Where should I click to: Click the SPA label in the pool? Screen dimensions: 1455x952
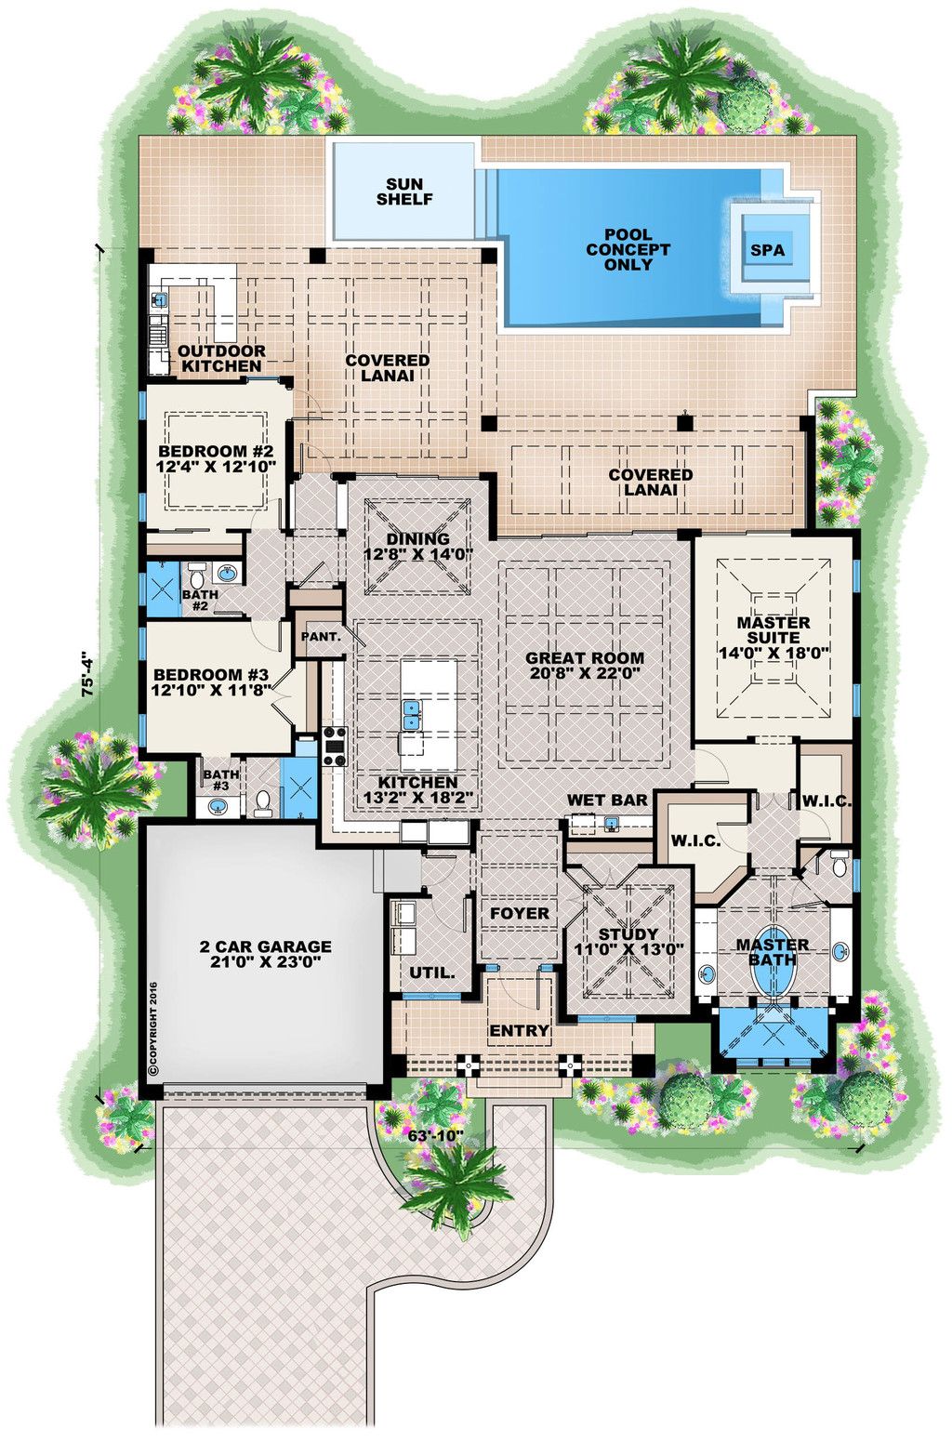pyautogui.click(x=767, y=250)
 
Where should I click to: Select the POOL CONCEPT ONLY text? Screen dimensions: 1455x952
pyautogui.click(x=628, y=249)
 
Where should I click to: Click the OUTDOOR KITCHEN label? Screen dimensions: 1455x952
pyautogui.click(x=221, y=358)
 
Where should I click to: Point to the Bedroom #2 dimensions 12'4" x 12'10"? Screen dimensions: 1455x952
pyautogui.click(x=217, y=467)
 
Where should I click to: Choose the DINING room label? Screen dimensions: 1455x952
pyautogui.click(x=417, y=538)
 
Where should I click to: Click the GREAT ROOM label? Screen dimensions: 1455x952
pyautogui.click(x=584, y=657)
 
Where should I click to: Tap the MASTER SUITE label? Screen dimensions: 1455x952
pyautogui.click(x=773, y=629)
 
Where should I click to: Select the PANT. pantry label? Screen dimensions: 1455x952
pyautogui.click(x=319, y=638)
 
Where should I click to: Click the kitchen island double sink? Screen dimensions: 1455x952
pyautogui.click(x=411, y=714)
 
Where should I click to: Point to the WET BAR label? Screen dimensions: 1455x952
pyautogui.click(x=607, y=800)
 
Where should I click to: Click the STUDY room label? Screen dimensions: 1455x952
pyautogui.click(x=628, y=933)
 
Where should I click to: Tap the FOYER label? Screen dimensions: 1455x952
pyautogui.click(x=519, y=913)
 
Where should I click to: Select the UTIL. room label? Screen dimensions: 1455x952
pyautogui.click(x=432, y=972)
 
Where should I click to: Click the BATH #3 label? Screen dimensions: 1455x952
pyautogui.click(x=221, y=779)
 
